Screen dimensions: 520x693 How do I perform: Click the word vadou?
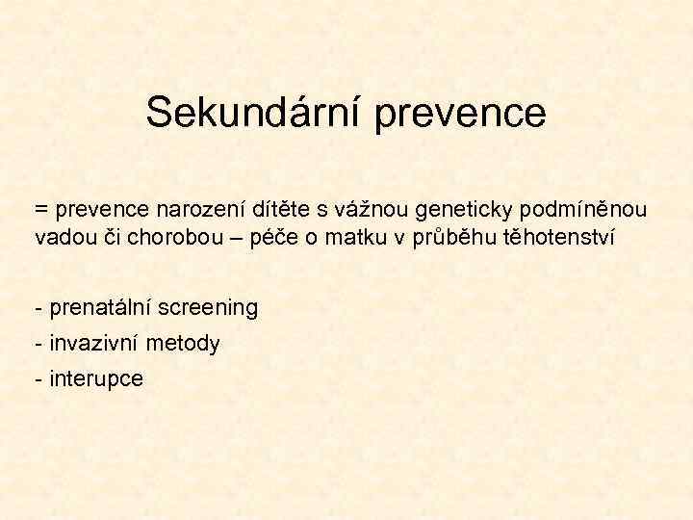[x=61, y=237]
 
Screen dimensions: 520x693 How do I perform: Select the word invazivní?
[x=92, y=344]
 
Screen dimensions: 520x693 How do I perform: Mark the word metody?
[x=185, y=344]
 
